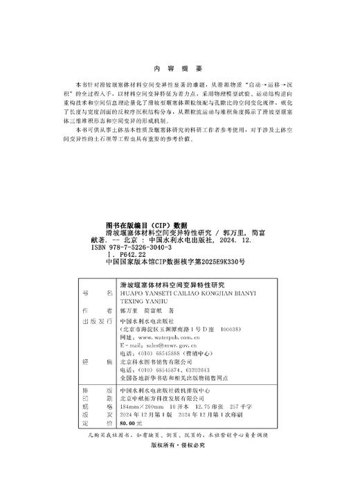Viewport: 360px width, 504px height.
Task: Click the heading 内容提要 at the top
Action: tap(179, 69)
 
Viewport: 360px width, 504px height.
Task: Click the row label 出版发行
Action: tap(96, 322)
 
